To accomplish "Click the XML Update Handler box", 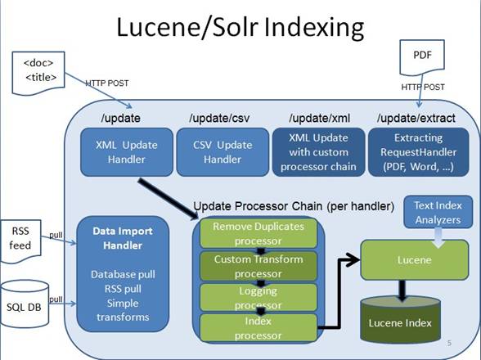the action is coord(127,152).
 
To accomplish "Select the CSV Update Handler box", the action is coord(223,152).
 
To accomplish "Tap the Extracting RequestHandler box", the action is coord(419,152).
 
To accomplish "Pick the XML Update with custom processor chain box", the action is coord(318,152).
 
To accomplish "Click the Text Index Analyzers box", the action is coord(438,212).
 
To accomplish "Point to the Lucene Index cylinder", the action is coord(400,320).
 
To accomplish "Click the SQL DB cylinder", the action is coord(25,304).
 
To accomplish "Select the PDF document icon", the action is coord(422,58).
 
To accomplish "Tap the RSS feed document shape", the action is coord(21,241).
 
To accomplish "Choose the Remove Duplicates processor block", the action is coord(258,233).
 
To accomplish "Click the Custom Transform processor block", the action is coord(258,266).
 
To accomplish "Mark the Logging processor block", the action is coord(258,297).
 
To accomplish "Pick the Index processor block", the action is coord(258,328).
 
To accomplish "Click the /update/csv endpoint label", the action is coord(219,118).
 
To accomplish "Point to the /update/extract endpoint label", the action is coord(416,118).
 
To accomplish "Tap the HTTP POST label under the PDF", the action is coord(423,88).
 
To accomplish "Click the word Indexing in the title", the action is coord(314,28).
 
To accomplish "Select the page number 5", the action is coord(449,343).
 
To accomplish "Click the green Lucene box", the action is coord(415,260).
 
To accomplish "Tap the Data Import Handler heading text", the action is coord(123,238).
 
